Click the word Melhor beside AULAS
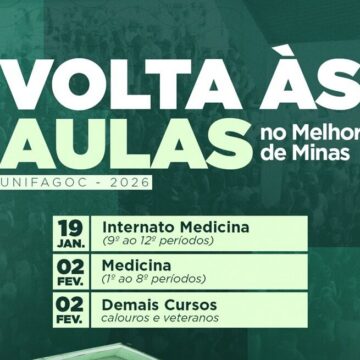[327, 133]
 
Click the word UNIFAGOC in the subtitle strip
[38, 184]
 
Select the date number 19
[70, 226]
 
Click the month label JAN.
[70, 241]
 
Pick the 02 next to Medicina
[70, 266]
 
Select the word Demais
[129, 305]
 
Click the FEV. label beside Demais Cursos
[70, 320]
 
